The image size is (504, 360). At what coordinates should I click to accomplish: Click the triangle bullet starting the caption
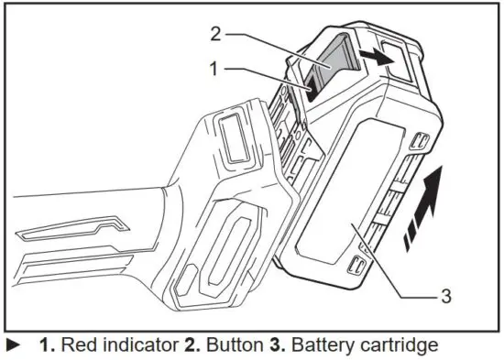[14, 346]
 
